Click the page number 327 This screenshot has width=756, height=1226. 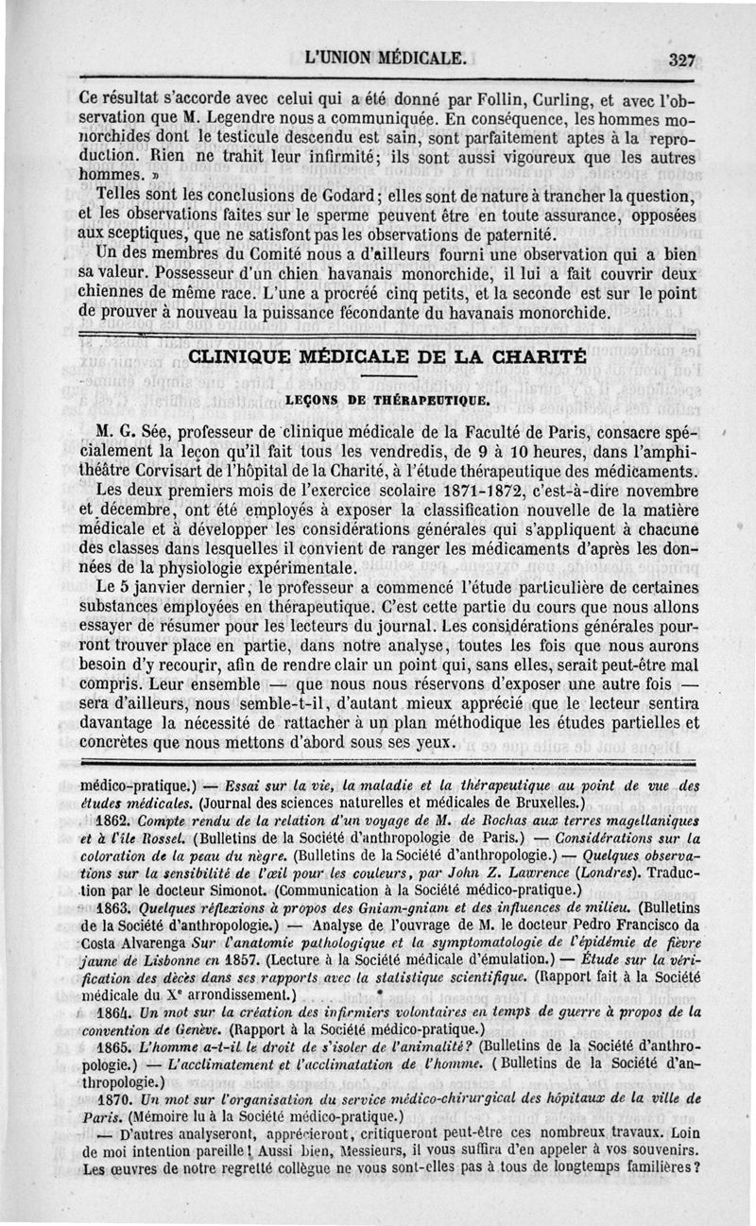point(681,60)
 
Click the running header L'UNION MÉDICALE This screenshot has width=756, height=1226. point(387,58)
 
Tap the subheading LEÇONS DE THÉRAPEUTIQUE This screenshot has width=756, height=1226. point(387,401)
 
